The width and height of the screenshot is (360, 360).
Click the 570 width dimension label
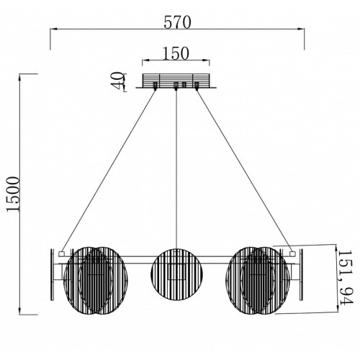point(177,22)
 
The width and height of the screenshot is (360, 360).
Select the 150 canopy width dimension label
point(176,53)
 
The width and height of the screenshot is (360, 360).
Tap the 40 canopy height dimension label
point(118,81)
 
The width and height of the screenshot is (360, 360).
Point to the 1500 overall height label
point(12,194)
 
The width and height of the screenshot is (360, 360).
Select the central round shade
point(176,274)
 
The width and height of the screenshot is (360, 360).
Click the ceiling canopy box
point(176,81)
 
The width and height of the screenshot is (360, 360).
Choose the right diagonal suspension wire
point(244,170)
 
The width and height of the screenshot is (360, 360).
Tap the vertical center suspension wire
point(176,169)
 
